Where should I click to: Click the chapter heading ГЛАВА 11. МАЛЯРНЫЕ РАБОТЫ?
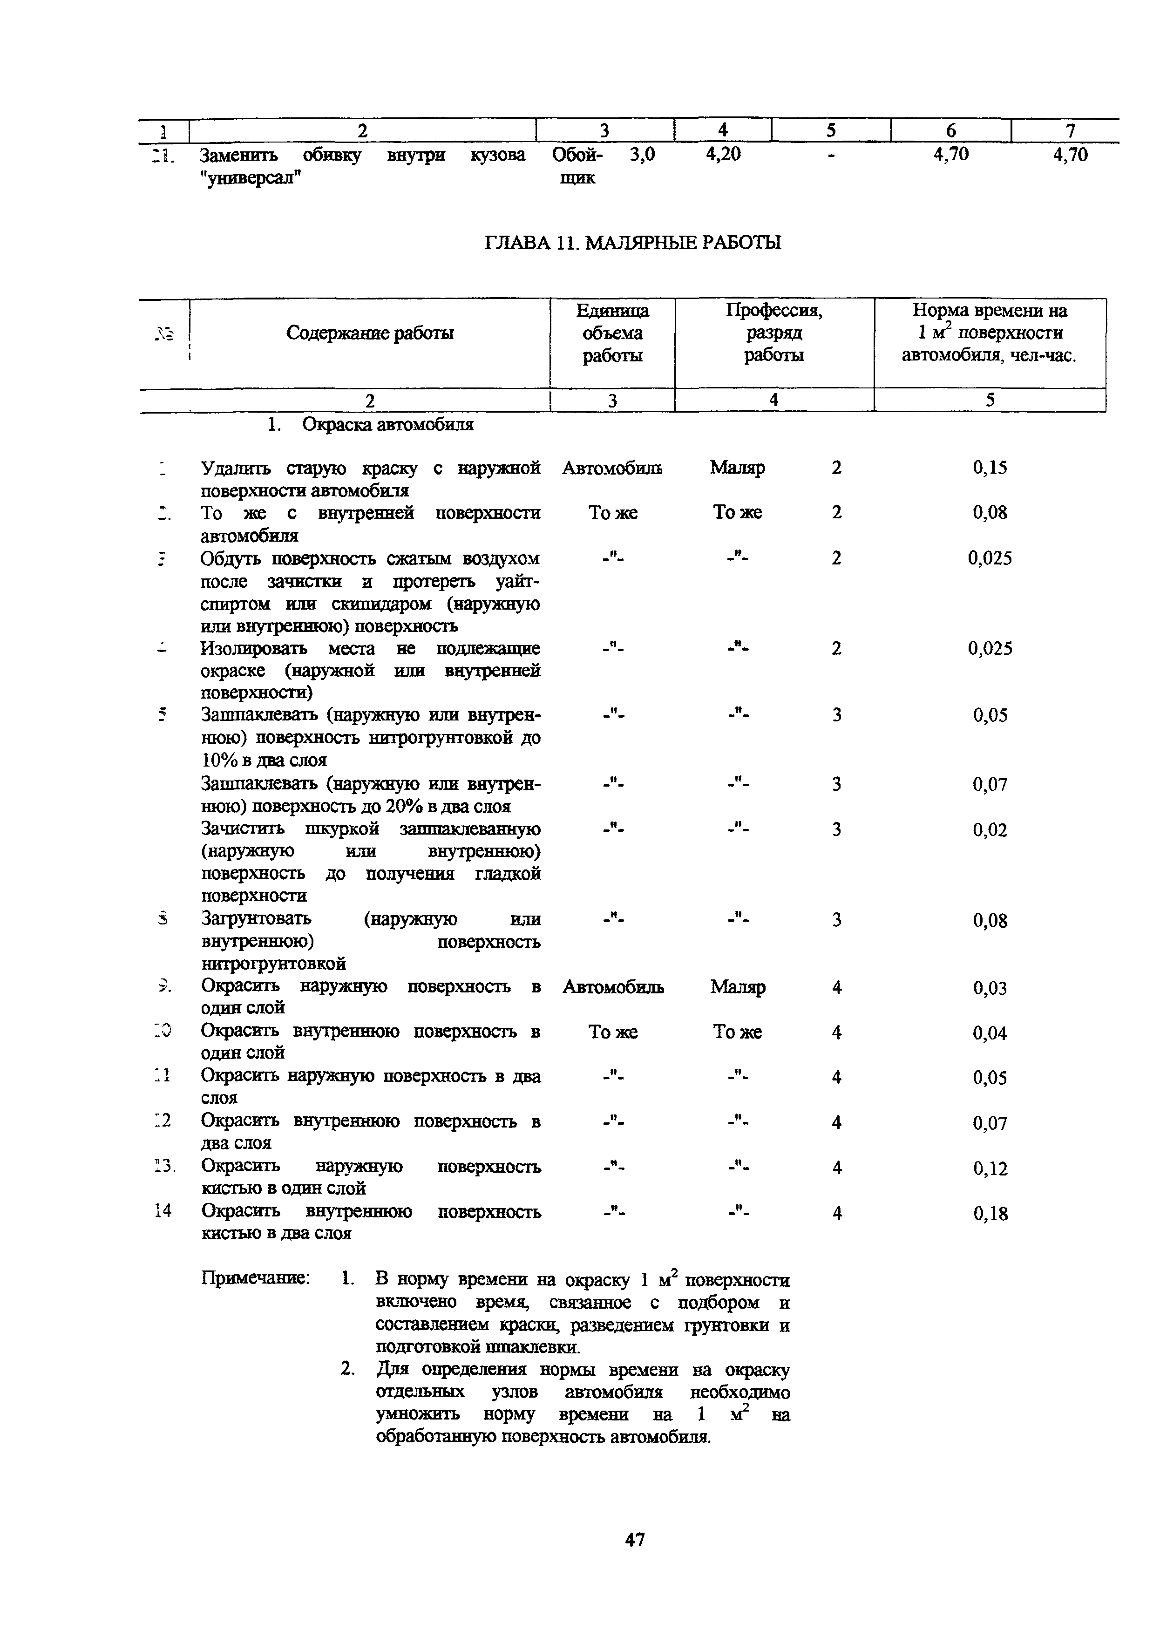point(633,243)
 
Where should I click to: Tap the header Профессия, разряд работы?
point(773,333)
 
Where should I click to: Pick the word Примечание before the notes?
point(255,1278)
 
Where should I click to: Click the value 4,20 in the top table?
point(723,154)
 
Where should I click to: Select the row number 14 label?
point(163,1210)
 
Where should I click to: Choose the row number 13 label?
point(164,1166)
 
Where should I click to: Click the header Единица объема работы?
point(612,333)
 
